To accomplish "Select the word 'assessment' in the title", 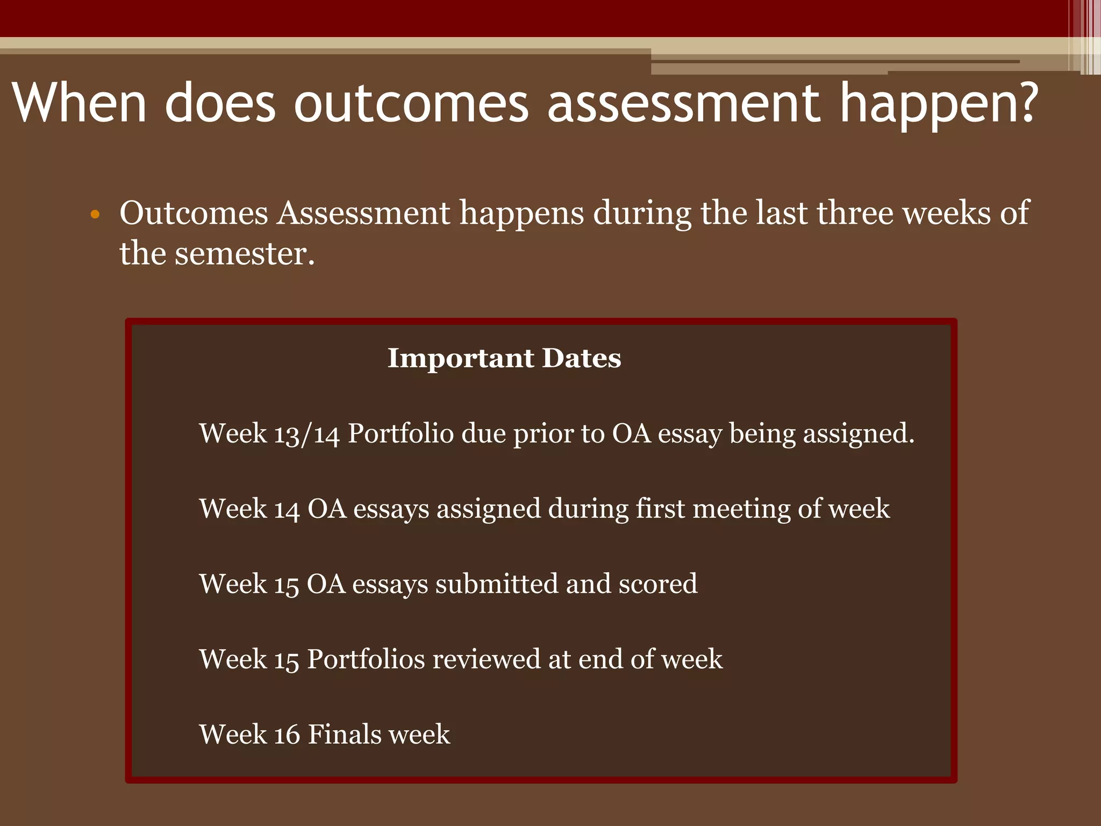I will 683,103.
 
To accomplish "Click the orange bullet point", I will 95,215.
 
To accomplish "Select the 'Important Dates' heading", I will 504,358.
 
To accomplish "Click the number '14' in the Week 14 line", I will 287,509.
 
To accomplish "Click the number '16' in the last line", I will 287,735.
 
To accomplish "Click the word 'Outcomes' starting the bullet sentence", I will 194,212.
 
